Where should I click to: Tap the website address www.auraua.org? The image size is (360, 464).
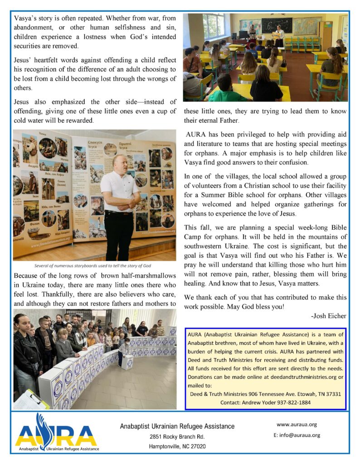pyautogui.click(x=297, y=425)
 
